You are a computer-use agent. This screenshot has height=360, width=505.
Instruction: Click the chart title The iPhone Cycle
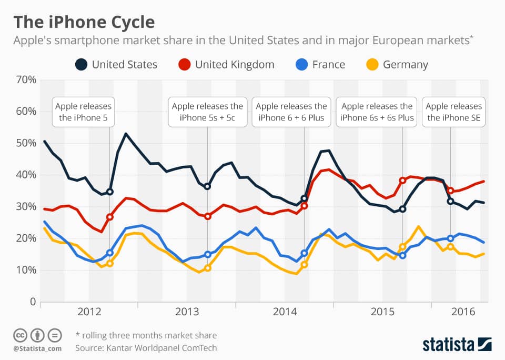84,22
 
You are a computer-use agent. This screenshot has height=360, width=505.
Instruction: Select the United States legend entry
116,65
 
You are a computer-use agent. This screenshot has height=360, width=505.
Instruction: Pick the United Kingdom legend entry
226,65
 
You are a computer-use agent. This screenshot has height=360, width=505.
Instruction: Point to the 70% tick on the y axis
25,80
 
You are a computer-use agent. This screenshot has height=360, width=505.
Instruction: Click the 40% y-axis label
25,175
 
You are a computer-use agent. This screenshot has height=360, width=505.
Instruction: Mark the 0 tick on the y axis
32,302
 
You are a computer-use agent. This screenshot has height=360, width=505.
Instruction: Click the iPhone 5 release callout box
84,112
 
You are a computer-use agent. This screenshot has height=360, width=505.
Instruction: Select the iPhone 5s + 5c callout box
208,112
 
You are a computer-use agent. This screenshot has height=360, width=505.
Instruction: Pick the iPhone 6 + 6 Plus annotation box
291,112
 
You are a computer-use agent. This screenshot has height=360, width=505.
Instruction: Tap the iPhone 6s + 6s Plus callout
377,112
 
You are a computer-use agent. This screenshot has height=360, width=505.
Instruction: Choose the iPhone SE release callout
453,112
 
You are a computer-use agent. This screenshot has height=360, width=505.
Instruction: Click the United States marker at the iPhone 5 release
109,192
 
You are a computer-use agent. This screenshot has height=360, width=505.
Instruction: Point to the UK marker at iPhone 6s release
403,180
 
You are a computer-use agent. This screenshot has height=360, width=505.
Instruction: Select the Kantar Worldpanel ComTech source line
146,348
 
